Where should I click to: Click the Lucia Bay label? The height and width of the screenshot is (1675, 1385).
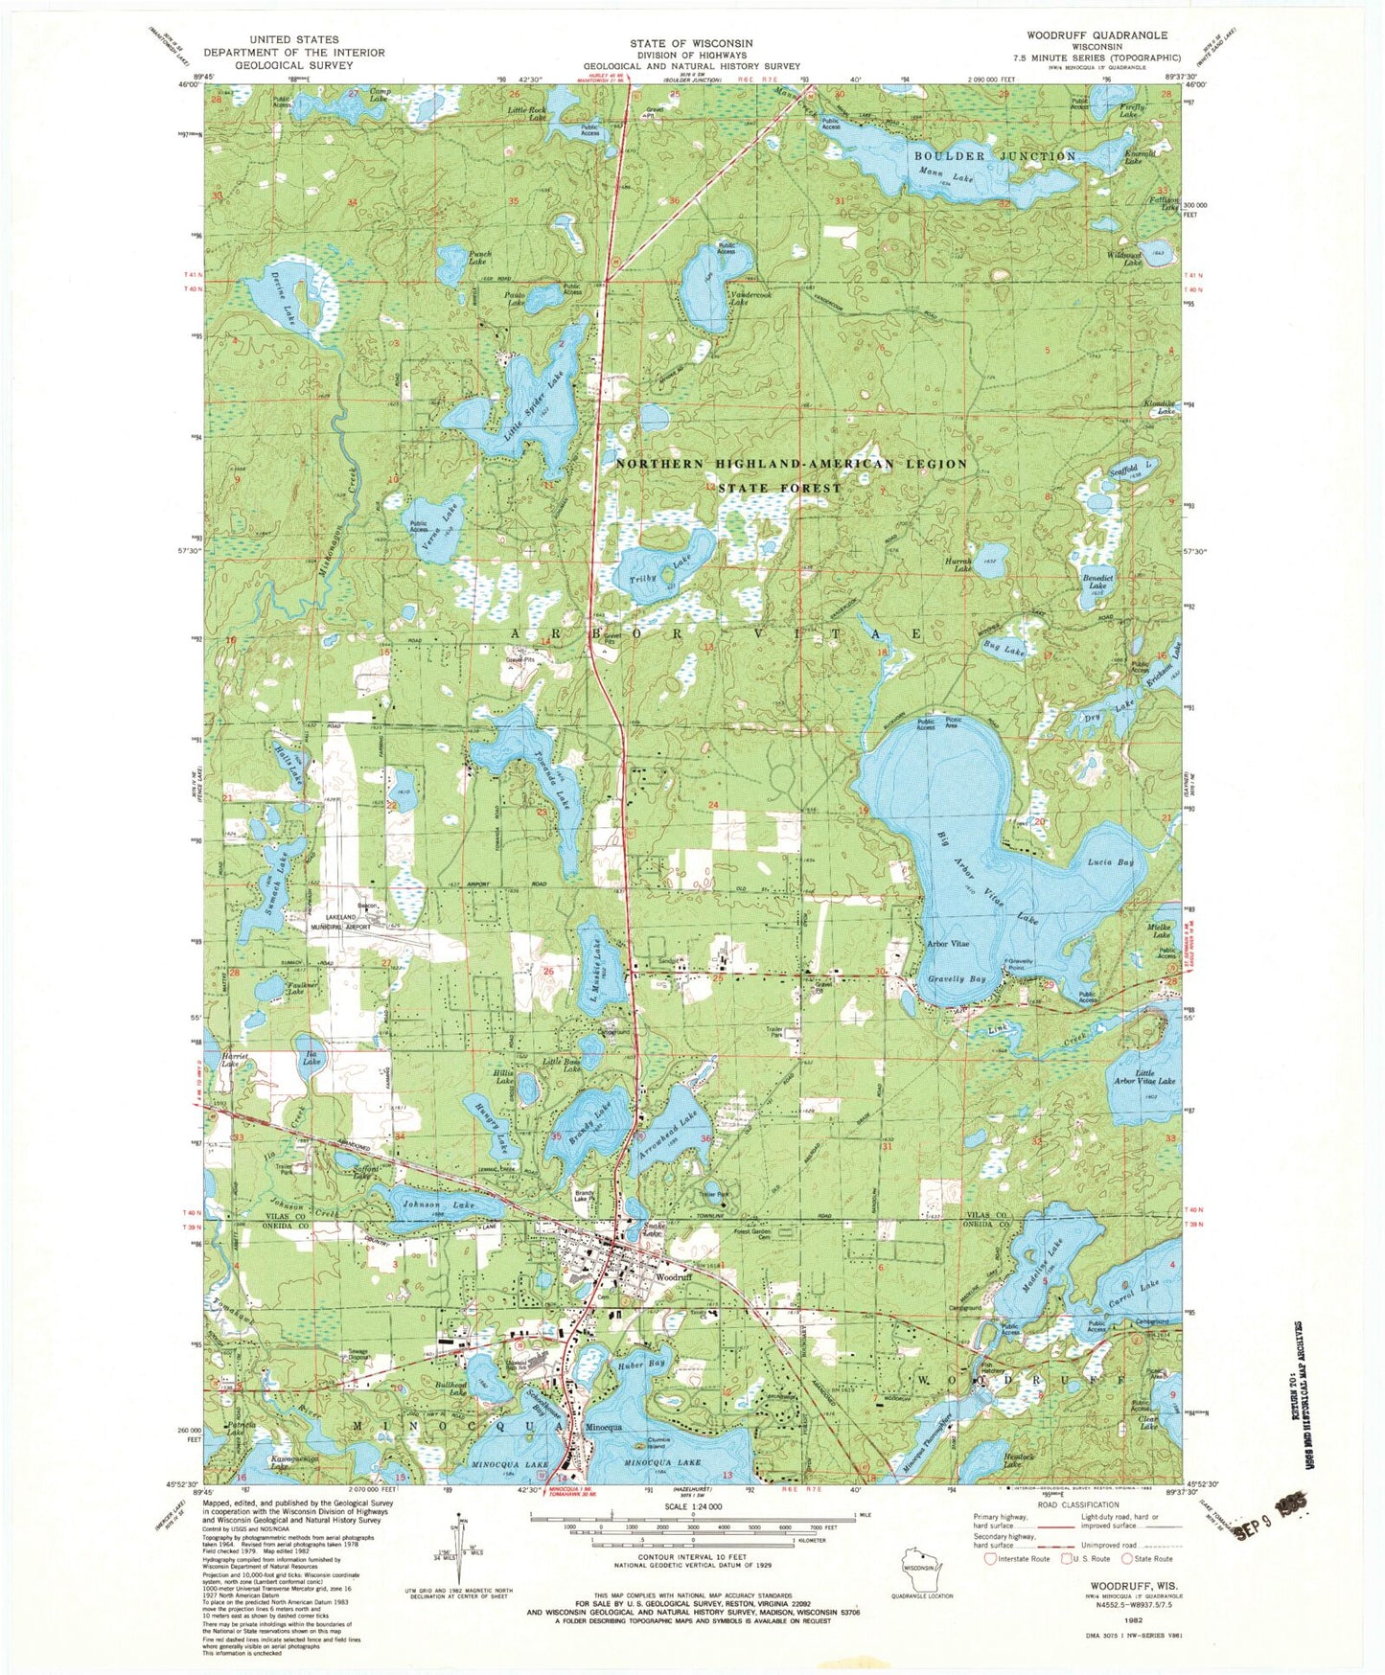[x=1111, y=862]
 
